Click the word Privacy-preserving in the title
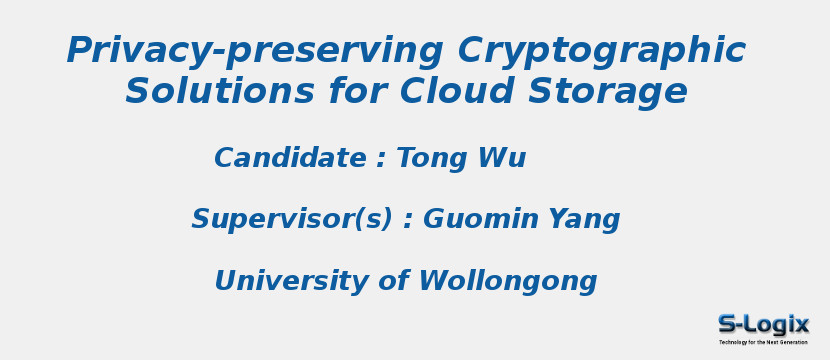(x=255, y=51)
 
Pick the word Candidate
(x=290, y=158)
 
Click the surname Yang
(x=583, y=219)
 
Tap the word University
(x=291, y=281)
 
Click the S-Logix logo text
(x=763, y=324)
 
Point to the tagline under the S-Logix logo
(x=763, y=342)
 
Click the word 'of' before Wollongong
(x=393, y=281)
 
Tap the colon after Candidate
(x=381, y=160)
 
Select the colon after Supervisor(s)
(x=408, y=221)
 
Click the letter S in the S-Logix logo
(x=728, y=324)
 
